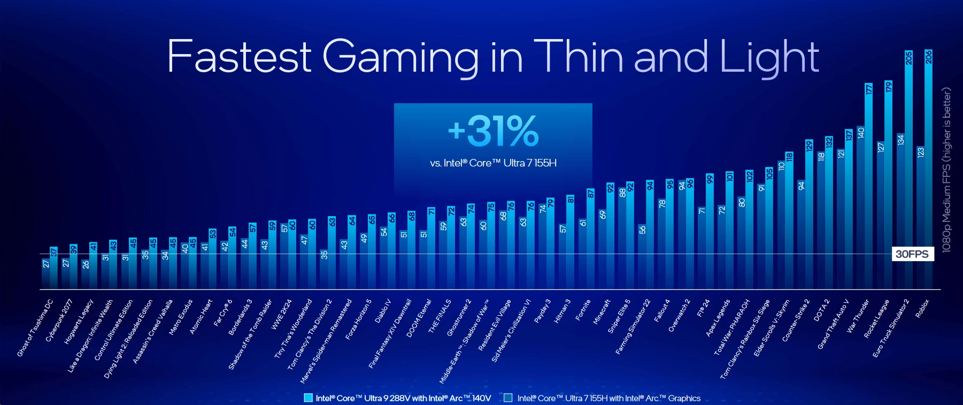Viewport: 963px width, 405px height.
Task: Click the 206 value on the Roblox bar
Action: [x=928, y=57]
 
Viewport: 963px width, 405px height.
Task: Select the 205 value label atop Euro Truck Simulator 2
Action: [x=908, y=58]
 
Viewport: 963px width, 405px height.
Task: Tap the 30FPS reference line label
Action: [x=912, y=254]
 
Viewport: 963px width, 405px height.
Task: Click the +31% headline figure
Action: [x=493, y=131]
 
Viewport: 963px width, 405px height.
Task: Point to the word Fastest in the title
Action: [x=239, y=56]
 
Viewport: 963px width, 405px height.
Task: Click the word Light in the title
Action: [x=769, y=56]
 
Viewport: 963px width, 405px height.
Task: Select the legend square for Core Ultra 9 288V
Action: [x=308, y=398]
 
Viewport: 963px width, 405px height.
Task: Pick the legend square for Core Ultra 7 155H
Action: [x=508, y=398]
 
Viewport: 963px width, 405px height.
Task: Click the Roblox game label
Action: [x=922, y=309]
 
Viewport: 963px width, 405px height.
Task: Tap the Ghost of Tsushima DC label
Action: [x=35, y=327]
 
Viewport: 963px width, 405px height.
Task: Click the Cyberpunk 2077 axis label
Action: [x=59, y=320]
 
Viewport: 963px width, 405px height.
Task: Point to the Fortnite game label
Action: [x=583, y=310]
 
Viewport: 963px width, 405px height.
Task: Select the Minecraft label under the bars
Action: [x=602, y=312]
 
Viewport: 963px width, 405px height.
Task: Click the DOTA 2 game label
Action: [x=821, y=310]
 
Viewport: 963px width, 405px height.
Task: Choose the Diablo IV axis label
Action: [x=383, y=311]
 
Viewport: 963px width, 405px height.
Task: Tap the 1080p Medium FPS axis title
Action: [x=947, y=170]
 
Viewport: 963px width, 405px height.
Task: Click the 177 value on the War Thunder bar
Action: [x=869, y=89]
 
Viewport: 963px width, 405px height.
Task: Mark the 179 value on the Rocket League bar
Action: [x=889, y=86]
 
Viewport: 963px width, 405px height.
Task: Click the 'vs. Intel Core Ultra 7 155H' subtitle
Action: [x=493, y=163]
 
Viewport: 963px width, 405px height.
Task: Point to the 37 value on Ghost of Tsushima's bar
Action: [x=53, y=252]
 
